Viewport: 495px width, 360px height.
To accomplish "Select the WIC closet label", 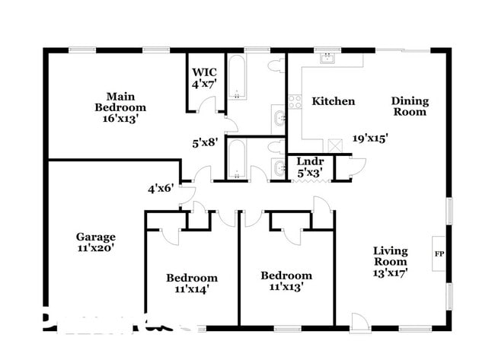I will (204, 72).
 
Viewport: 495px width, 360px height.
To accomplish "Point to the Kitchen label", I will (334, 101).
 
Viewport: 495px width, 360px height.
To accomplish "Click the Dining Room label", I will (410, 107).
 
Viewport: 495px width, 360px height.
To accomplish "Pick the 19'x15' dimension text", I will (371, 139).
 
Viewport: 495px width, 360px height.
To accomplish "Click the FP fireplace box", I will (439, 253).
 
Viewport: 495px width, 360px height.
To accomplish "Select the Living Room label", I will (390, 256).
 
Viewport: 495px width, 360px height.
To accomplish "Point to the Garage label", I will (96, 237).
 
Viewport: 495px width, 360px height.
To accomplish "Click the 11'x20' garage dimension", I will (96, 247).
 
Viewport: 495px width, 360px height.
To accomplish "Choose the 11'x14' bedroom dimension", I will (191, 288).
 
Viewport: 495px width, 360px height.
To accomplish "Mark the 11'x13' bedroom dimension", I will (286, 287).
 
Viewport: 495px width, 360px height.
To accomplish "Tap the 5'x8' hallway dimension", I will (205, 141).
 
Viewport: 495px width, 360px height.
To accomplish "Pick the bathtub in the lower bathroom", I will (237, 159).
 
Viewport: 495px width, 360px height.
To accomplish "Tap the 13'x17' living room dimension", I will (390, 273).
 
